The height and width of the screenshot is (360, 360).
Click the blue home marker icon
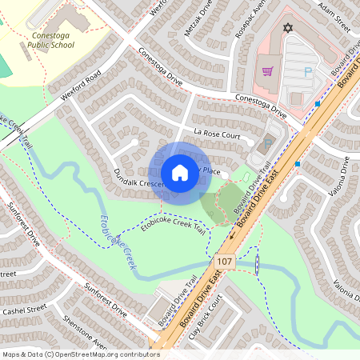180,173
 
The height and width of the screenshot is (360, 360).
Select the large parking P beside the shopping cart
308,73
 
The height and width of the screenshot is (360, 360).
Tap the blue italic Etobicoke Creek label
115,241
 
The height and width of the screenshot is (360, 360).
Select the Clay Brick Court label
205,320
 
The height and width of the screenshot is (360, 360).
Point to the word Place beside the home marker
211,171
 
